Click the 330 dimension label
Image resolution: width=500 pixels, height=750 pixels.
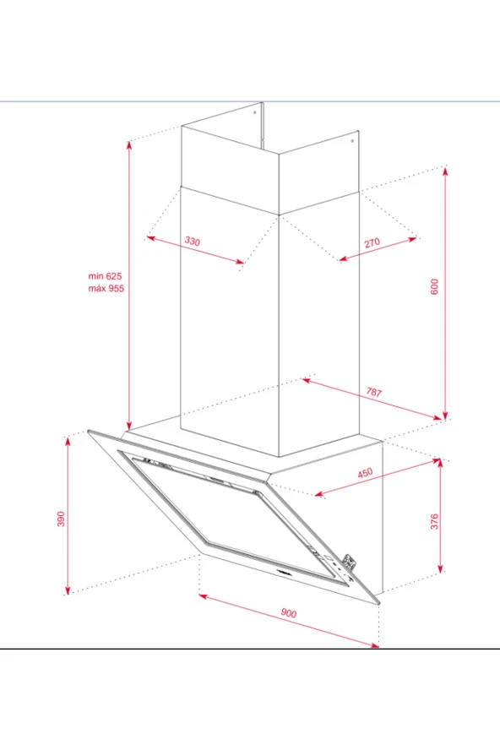coord(193,241)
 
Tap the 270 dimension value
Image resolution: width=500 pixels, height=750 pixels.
coord(372,242)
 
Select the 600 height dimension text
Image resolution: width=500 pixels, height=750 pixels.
coord(434,286)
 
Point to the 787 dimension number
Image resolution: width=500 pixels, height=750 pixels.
coord(374,392)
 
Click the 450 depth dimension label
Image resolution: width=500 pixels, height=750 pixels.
coord(365,473)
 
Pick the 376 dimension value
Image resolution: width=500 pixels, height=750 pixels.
coord(434,521)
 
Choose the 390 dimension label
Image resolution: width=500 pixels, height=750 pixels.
coord(61,519)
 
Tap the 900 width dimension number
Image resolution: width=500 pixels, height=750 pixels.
coord(289,612)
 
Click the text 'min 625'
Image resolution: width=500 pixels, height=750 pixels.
coord(106,276)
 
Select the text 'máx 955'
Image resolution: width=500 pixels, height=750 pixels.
coord(106,288)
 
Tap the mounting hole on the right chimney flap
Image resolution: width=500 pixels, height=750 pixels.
coord(352,141)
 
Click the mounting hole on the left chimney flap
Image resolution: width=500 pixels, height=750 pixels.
coord(254,113)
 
